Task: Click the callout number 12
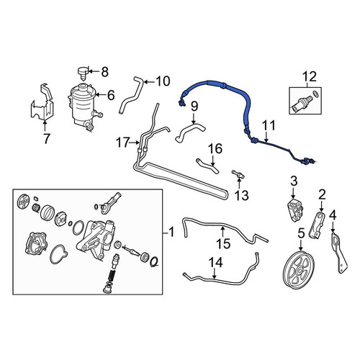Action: click(x=310, y=77)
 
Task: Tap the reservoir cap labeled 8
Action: click(x=82, y=73)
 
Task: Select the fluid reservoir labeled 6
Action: click(x=84, y=106)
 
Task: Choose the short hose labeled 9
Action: click(x=189, y=132)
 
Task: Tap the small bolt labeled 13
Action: click(x=238, y=174)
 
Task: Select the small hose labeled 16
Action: click(x=207, y=166)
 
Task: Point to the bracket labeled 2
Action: click(x=317, y=225)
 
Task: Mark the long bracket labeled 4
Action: click(x=339, y=252)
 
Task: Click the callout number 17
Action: click(x=123, y=143)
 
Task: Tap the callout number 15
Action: click(x=223, y=243)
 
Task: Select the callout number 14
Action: click(x=215, y=263)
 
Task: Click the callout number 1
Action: click(x=171, y=233)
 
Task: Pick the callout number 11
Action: click(x=269, y=125)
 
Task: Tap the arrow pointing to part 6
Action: click(x=101, y=95)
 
